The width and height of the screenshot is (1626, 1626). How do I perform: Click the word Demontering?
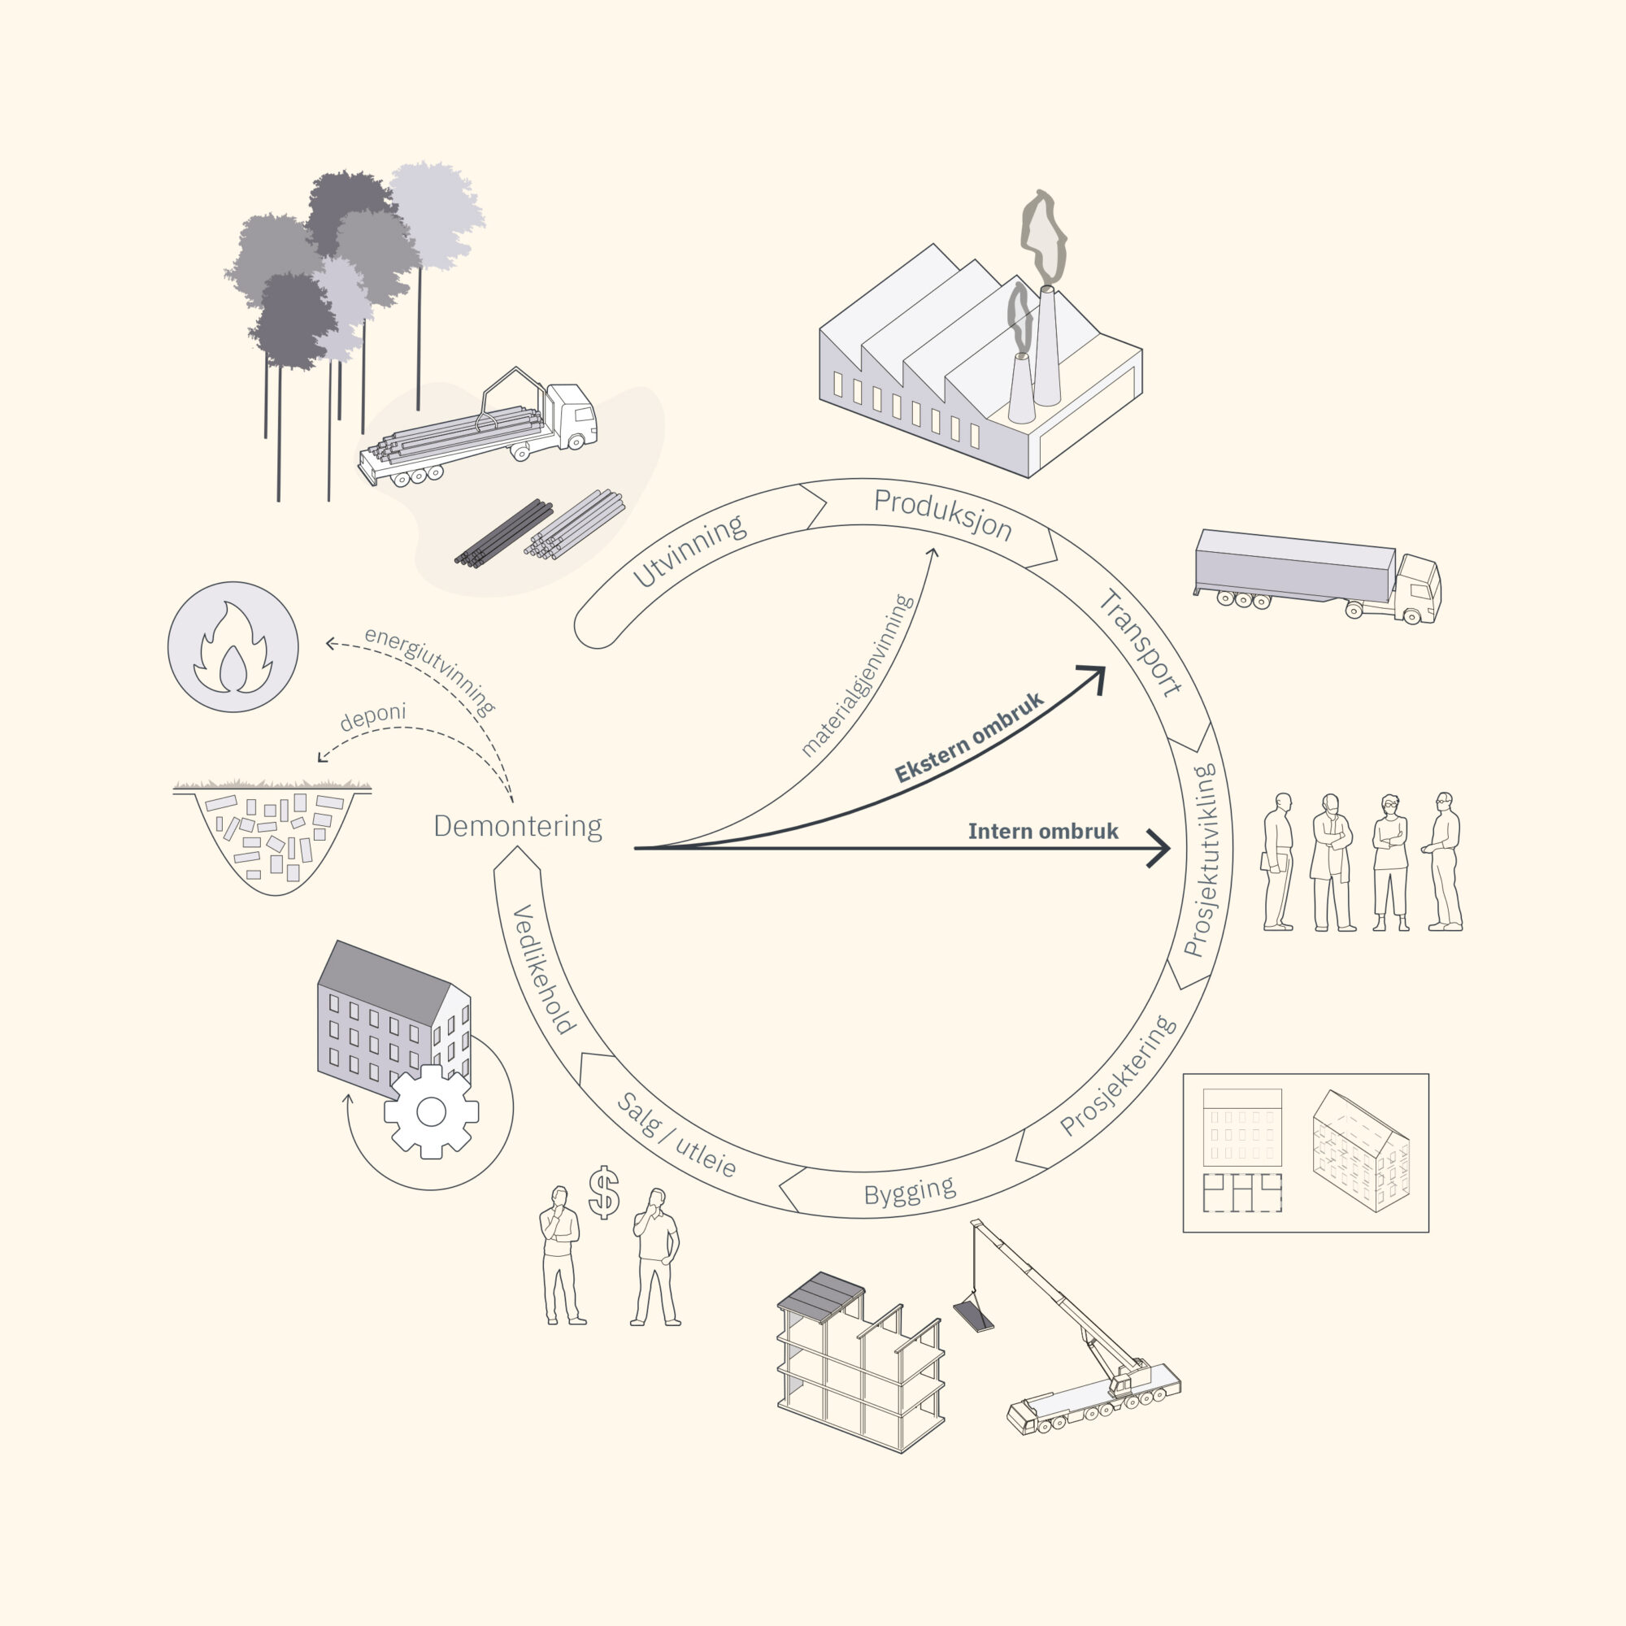(x=518, y=827)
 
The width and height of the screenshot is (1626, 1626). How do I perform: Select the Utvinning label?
(x=689, y=550)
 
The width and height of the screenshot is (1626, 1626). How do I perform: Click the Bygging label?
(x=910, y=1192)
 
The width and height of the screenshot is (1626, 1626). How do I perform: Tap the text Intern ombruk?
(x=1043, y=832)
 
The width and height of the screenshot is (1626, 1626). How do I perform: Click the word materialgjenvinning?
(x=857, y=675)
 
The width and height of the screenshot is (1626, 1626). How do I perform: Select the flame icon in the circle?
(x=233, y=648)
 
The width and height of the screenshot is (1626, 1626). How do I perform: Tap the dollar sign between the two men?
(x=604, y=1193)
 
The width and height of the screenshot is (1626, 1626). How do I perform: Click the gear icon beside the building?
(x=431, y=1111)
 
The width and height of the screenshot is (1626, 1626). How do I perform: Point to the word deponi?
(x=373, y=716)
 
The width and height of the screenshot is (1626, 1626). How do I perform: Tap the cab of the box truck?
(x=1418, y=589)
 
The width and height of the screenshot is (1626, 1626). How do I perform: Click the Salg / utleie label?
(x=676, y=1134)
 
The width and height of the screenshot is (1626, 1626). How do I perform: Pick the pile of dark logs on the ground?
(x=503, y=533)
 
